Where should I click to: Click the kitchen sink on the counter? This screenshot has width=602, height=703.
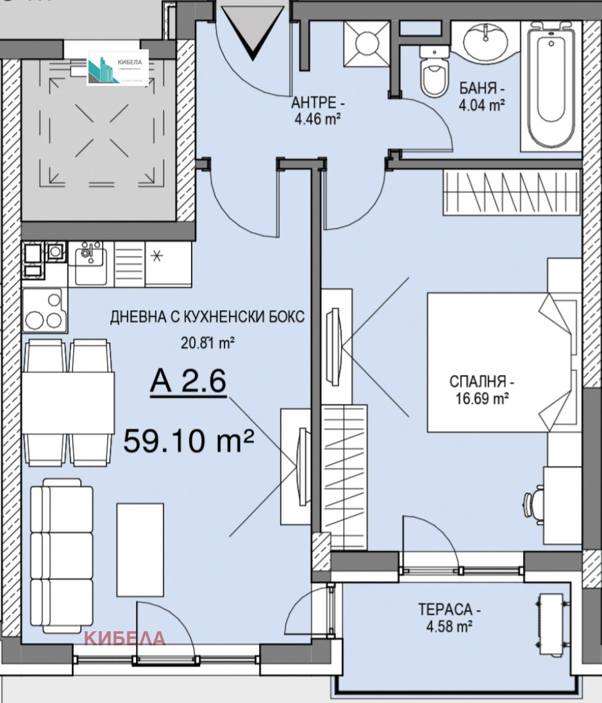click(x=89, y=259)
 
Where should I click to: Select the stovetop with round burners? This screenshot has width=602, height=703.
click(x=43, y=310)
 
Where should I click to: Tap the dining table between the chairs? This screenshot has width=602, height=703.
click(x=67, y=402)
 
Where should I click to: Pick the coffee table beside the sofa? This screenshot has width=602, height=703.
click(x=140, y=543)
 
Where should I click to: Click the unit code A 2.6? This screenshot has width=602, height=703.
click(x=188, y=383)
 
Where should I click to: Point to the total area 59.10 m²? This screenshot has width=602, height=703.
click(x=188, y=440)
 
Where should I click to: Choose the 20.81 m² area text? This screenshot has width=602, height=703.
click(x=206, y=343)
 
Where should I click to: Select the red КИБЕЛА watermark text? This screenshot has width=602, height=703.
click(x=126, y=638)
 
